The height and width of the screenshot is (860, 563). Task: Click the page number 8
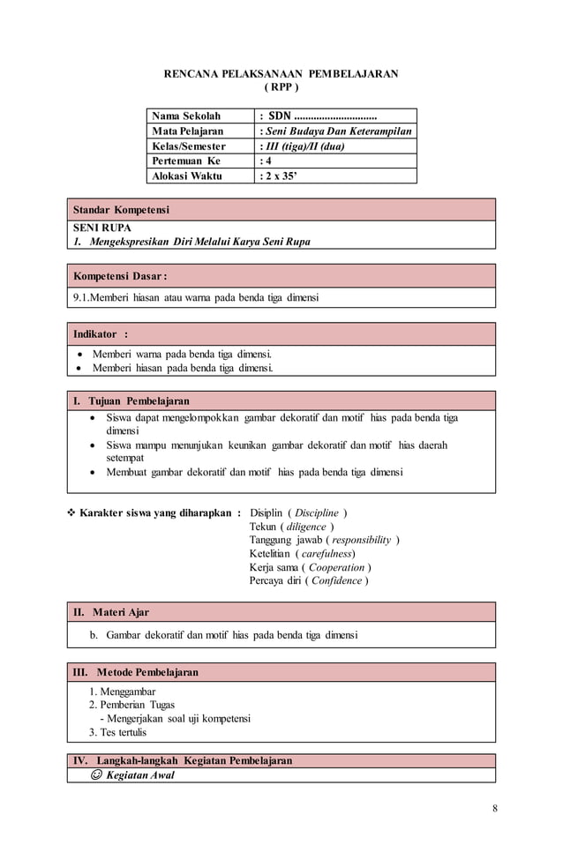[495, 810]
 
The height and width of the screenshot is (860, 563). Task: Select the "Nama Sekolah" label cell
[186, 116]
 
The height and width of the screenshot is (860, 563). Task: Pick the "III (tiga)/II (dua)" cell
[304, 146]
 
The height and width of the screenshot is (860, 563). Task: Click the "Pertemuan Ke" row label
[186, 161]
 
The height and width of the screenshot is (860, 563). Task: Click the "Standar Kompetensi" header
[121, 210]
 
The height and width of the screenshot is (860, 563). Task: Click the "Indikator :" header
[100, 334]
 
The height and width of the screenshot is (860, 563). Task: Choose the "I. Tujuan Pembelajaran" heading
[131, 401]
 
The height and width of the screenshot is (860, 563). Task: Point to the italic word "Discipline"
[316, 513]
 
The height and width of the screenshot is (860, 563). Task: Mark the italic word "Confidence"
[334, 580]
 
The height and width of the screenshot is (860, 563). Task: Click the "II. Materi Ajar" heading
[111, 612]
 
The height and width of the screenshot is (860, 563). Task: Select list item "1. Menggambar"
[122, 692]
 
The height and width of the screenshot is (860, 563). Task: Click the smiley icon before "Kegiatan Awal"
[95, 775]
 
